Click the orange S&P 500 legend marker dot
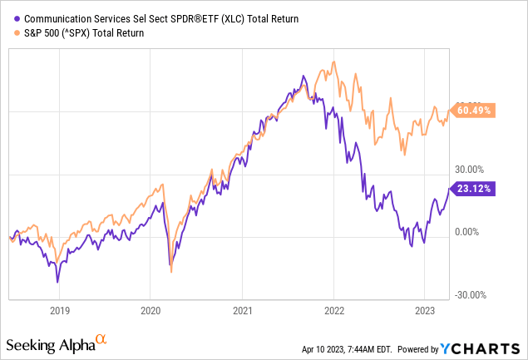click(x=18, y=33)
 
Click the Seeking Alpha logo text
click(x=49, y=344)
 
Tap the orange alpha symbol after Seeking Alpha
click(x=101, y=340)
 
